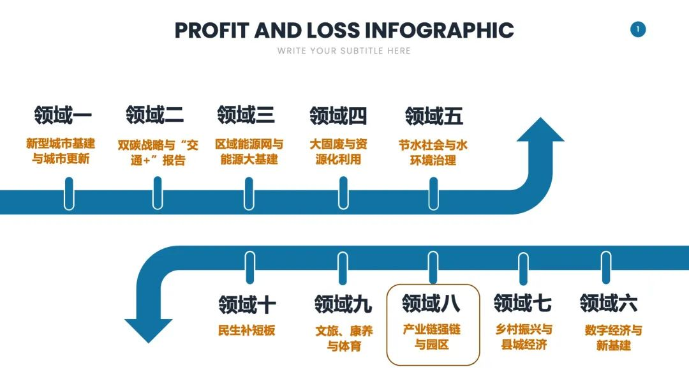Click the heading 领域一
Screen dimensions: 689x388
pos(63,115)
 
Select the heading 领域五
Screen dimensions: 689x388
pos(434,116)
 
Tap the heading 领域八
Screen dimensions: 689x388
pos(431,303)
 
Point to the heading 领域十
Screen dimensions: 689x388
pos(247,304)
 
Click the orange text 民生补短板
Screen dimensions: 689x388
pos(246,331)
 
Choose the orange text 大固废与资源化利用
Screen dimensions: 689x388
pos(338,152)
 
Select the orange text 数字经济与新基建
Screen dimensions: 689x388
pos(614,338)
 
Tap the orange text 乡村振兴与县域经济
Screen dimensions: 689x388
pos(524,336)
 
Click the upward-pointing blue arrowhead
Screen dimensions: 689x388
pos(540,130)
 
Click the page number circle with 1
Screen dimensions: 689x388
pos(638,29)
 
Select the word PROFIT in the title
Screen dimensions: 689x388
pos(212,31)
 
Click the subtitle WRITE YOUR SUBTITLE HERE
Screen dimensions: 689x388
pos(344,51)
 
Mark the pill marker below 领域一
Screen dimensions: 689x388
pos(69,194)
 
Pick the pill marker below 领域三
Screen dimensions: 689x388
pos(249,194)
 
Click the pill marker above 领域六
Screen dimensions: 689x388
pos(607,267)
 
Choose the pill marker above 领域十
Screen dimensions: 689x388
pos(250,267)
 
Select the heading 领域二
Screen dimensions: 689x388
pos(154,115)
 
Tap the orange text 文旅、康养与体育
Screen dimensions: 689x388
pos(344,338)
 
